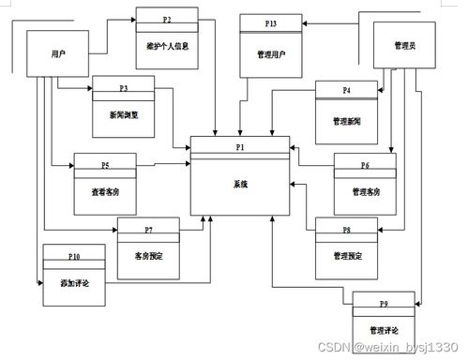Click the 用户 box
58,54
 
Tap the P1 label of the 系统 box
240,147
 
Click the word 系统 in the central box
240,185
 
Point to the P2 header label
167,18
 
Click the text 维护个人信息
167,45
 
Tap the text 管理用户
271,53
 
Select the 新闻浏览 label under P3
124,114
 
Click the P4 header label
346,90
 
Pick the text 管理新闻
346,121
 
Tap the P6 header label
366,165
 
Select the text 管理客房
366,191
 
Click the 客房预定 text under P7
148,255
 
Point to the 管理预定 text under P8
346,255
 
